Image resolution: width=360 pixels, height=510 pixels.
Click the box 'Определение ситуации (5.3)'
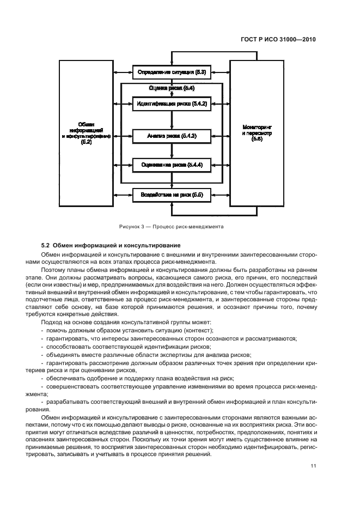(172, 71)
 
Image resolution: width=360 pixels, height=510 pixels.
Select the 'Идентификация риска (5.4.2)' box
(172, 103)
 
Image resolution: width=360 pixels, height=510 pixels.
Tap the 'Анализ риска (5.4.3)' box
(172, 135)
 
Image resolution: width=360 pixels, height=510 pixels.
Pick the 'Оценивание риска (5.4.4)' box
(172, 164)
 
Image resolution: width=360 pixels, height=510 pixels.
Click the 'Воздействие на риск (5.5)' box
(172, 195)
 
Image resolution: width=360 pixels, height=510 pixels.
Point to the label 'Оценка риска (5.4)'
(172, 88)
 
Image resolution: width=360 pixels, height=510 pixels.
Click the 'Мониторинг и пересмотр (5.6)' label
(257, 133)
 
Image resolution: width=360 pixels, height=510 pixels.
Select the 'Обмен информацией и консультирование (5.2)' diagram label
(86, 132)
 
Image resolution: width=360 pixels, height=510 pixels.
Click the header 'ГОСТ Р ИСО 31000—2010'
(278, 40)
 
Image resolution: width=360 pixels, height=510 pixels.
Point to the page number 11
(313, 466)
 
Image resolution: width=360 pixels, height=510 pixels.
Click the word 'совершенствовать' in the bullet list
(70, 385)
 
